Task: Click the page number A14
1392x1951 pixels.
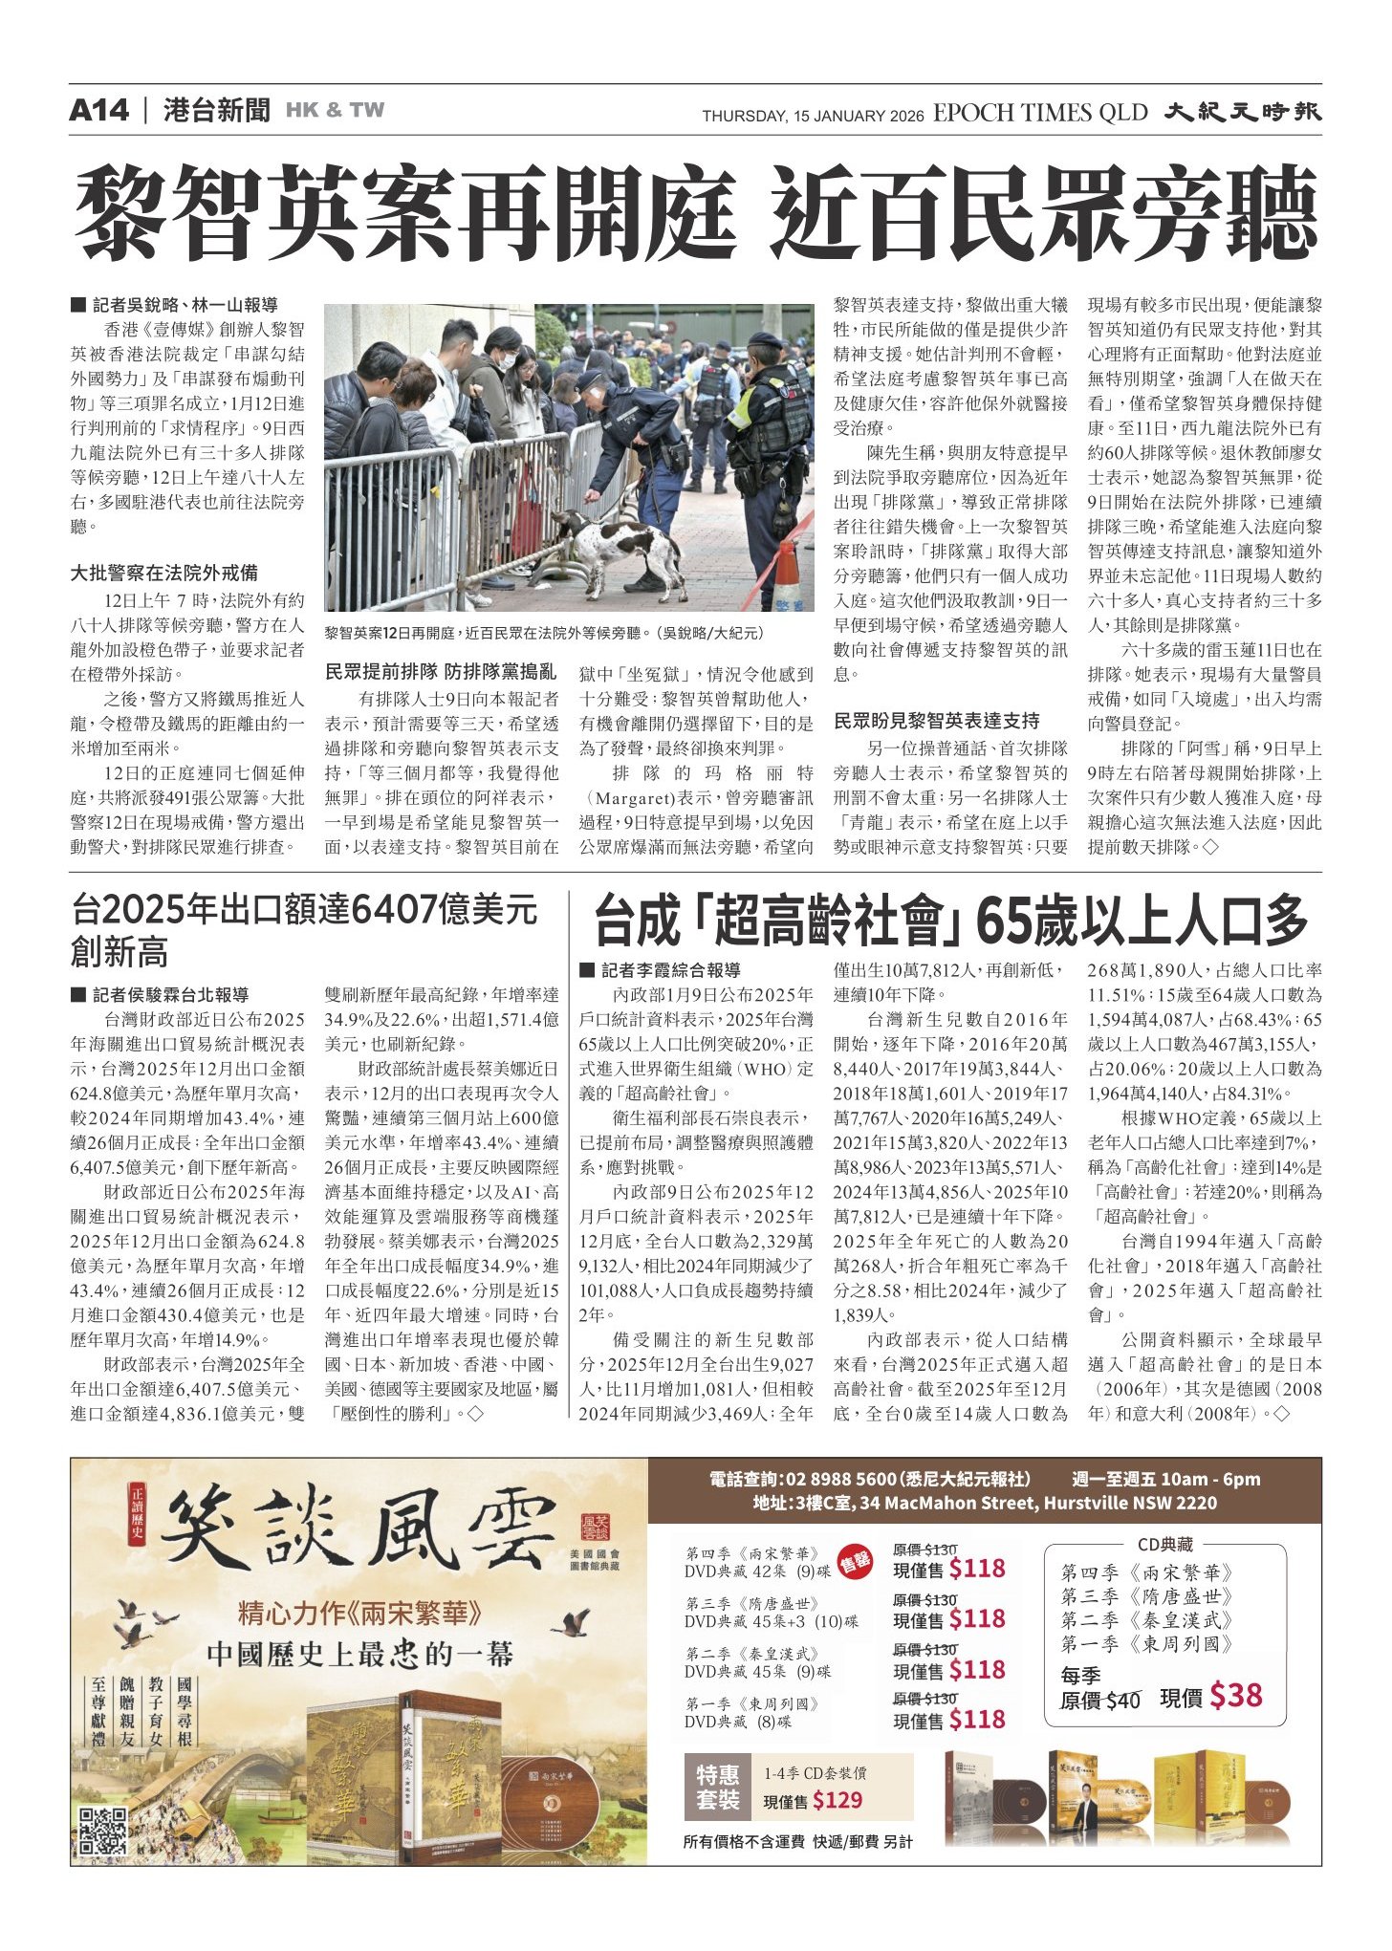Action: pyautogui.click(x=98, y=111)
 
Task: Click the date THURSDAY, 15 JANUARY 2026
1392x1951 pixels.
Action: pyautogui.click(x=813, y=116)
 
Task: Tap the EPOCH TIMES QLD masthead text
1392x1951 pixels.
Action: pyautogui.click(x=1039, y=113)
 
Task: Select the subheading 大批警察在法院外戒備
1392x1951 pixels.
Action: pyautogui.click(x=164, y=573)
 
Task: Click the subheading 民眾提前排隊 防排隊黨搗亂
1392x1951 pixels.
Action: pyautogui.click(x=441, y=672)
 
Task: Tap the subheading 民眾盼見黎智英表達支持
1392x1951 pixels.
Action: pyautogui.click(x=937, y=721)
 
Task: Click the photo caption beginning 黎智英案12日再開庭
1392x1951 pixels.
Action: pyautogui.click(x=544, y=633)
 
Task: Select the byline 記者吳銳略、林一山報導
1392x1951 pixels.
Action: pyautogui.click(x=185, y=305)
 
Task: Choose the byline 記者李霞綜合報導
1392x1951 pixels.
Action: pyautogui.click(x=670, y=970)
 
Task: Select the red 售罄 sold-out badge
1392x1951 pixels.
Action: pyautogui.click(x=855, y=1563)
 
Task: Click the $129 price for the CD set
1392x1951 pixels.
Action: pyautogui.click(x=837, y=1801)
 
